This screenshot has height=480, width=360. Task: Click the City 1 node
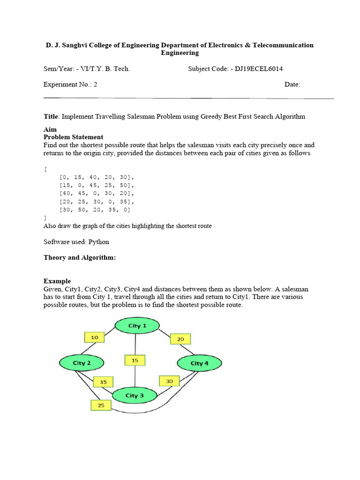point(137,326)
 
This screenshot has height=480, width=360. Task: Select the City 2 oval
point(82,363)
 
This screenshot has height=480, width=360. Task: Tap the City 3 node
point(135,396)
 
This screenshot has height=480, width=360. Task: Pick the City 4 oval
point(199,363)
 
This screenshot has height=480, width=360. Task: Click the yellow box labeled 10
point(95,337)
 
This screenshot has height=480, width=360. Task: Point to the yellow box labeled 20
point(180,339)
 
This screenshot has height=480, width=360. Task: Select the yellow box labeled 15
point(135,360)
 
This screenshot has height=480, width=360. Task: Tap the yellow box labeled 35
point(103,382)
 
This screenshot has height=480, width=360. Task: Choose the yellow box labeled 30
point(169,382)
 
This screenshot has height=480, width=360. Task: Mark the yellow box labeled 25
point(101,405)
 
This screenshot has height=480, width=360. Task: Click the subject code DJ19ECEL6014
point(259,69)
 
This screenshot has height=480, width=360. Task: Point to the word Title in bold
point(51,116)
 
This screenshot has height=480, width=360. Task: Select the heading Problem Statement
point(73,137)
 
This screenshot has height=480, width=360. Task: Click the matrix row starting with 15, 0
point(97,185)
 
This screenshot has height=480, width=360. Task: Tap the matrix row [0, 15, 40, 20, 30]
point(97,177)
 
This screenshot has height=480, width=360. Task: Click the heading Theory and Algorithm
point(80,258)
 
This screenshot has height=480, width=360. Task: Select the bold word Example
point(57,281)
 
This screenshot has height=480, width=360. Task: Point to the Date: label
point(292,85)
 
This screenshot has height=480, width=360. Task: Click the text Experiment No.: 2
point(70,85)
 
